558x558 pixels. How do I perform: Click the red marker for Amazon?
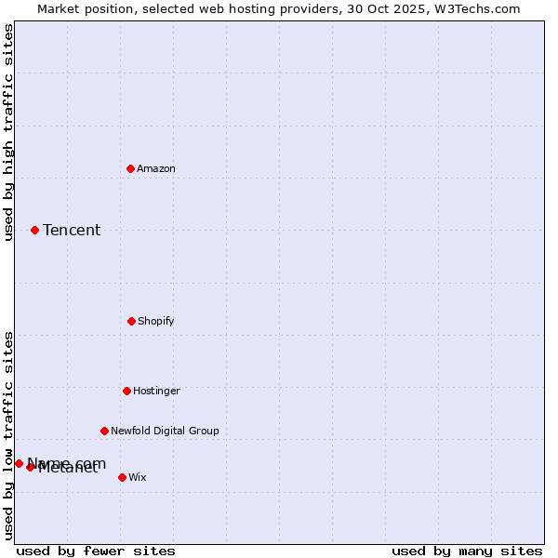(130, 168)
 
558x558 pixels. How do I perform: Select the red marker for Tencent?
(34, 230)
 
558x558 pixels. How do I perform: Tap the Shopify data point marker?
(131, 321)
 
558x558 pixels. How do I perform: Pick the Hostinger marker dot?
(126, 391)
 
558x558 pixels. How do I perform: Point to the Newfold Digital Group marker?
(104, 431)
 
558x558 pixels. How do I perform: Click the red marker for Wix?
(122, 477)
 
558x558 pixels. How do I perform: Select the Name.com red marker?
(19, 463)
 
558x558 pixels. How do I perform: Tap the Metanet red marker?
(30, 467)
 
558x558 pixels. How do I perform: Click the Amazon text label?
(156, 168)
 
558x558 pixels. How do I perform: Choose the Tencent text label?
(72, 230)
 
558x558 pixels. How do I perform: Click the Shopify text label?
(156, 321)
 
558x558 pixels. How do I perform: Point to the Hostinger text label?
(156, 391)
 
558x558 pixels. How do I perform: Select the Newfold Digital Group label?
(165, 431)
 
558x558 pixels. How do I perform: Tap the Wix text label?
(138, 477)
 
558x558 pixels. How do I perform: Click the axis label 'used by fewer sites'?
(96, 551)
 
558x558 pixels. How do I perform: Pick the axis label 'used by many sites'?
(467, 551)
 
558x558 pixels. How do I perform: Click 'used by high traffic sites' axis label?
(8, 132)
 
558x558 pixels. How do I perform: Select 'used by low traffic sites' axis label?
(8, 435)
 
